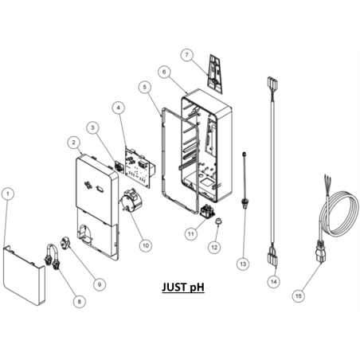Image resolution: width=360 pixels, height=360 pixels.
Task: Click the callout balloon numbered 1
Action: point(8,194)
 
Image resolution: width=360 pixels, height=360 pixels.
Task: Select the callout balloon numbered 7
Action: point(187,55)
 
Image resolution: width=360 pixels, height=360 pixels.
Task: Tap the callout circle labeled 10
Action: point(146,245)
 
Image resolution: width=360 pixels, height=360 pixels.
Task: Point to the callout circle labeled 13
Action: point(243,264)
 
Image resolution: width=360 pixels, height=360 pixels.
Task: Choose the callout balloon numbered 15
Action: point(299,295)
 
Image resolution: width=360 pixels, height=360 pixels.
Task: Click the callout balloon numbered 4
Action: point(119,108)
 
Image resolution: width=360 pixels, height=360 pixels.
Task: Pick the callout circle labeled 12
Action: point(214,247)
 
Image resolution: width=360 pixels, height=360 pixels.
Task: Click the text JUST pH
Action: point(183,287)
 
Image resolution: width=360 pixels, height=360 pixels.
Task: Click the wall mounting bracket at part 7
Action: point(215,74)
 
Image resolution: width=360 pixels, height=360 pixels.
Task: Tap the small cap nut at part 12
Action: point(219,221)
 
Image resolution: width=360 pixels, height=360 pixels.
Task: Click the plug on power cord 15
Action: point(320,251)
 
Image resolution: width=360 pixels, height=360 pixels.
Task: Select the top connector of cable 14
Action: point(272,83)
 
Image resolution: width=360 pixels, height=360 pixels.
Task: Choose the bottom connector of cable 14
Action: point(272,256)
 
